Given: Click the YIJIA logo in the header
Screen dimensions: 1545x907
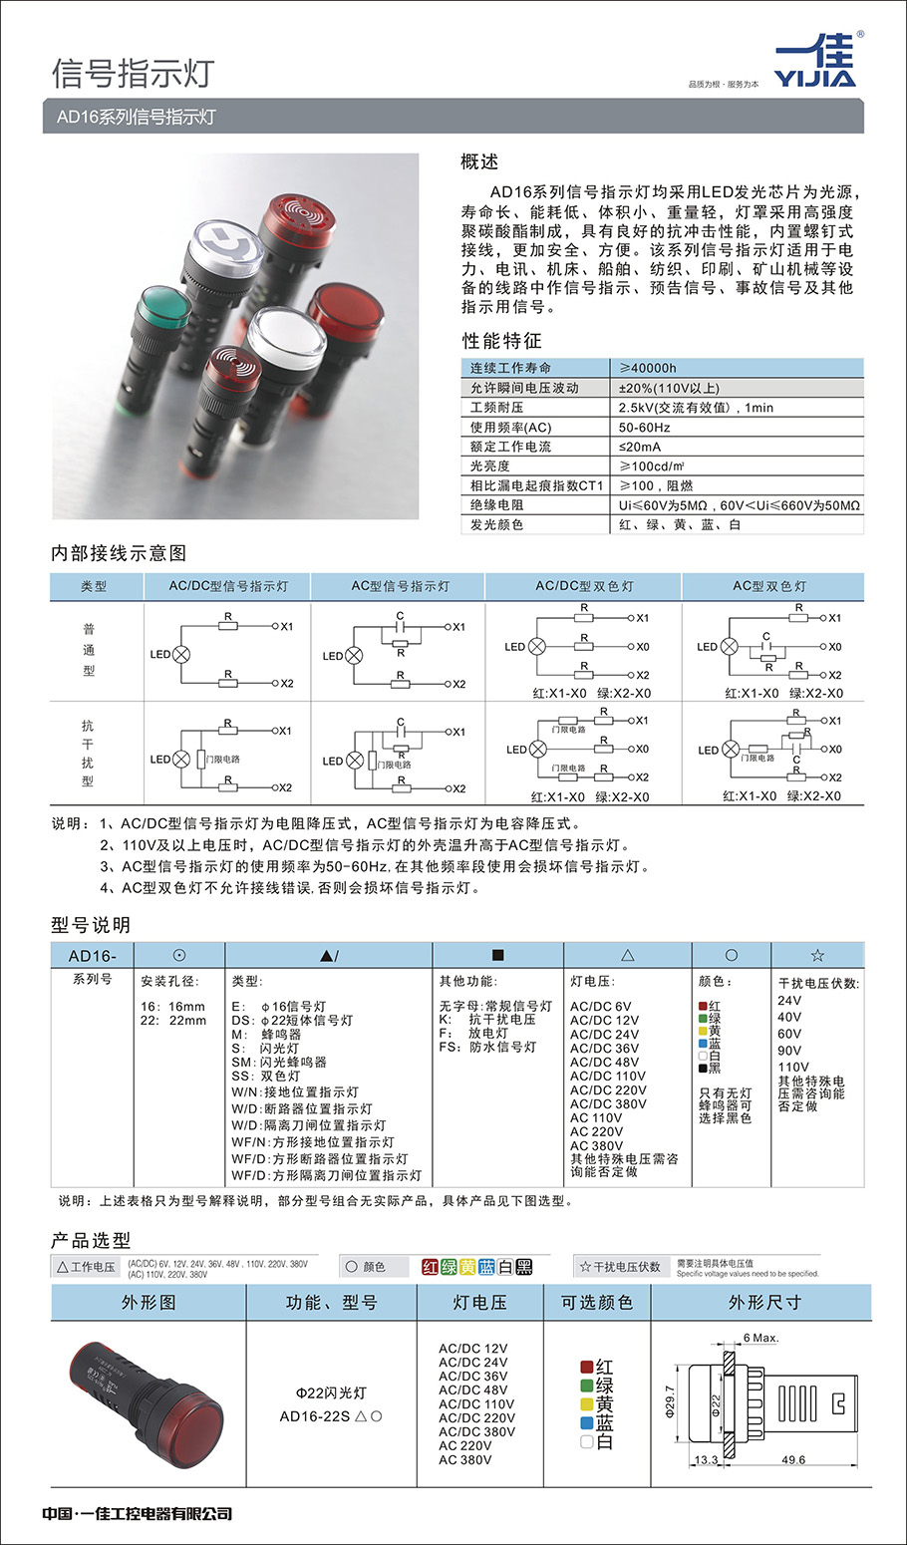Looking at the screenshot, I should coord(814,62).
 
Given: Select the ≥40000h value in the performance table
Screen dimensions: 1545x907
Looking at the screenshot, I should coord(647,368).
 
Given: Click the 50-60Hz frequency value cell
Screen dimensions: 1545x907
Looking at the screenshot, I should coord(644,427).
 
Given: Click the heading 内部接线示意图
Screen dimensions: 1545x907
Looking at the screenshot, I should coord(119,553).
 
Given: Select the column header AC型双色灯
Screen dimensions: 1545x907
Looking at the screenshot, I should coord(769,586).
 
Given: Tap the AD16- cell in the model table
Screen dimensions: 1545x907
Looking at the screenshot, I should coord(93,956).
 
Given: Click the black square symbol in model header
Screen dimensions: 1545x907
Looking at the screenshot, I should coord(498,955).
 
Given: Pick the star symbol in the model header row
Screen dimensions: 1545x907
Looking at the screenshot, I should coord(817,955).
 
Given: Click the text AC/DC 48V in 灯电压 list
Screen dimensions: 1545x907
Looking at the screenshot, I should coord(604,1063).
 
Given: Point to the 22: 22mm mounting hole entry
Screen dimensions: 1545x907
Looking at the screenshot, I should coord(173,1021).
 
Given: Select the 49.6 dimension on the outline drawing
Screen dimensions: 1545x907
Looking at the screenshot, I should coord(793,1460).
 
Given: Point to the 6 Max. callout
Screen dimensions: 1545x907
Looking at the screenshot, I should coord(760,1338).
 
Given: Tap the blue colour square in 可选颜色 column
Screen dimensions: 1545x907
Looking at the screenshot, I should coord(587,1422).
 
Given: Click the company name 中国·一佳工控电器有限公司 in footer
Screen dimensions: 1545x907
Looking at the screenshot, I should coord(138,1514).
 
